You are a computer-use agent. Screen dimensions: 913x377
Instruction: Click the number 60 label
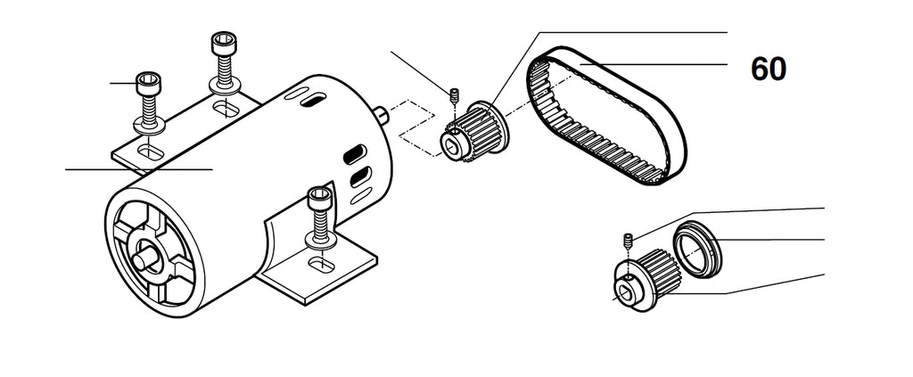pyautogui.click(x=768, y=70)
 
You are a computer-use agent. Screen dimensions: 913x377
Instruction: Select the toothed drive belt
pyautogui.click(x=606, y=116)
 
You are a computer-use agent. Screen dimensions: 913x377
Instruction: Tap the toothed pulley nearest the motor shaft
pyautogui.click(x=473, y=132)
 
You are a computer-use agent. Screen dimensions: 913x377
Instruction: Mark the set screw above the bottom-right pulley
pyautogui.click(x=629, y=239)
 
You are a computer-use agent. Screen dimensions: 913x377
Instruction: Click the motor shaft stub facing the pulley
pyautogui.click(x=382, y=115)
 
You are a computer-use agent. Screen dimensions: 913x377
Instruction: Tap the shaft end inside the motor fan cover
pyautogui.click(x=145, y=258)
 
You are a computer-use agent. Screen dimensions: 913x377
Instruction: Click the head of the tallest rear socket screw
pyautogui.click(x=224, y=44)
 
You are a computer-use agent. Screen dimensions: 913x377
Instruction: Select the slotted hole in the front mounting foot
pyautogui.click(x=321, y=264)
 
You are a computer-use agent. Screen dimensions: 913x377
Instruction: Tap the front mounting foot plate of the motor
pyautogui.click(x=317, y=267)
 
